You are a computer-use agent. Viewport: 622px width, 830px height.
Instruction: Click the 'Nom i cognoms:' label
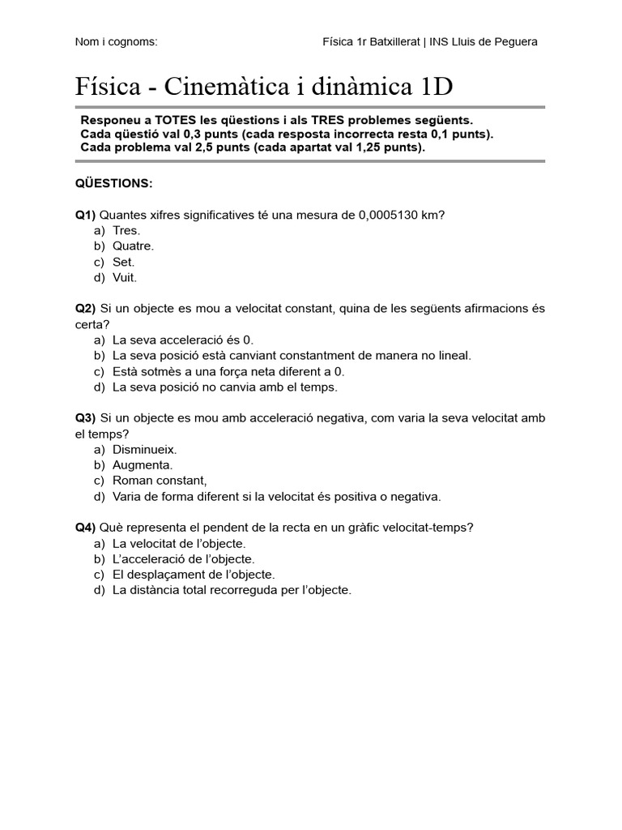pyautogui.click(x=116, y=41)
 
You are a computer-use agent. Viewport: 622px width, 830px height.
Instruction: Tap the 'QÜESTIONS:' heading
pyautogui.click(x=113, y=183)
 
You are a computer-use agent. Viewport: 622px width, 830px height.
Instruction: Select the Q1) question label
pyautogui.click(x=86, y=215)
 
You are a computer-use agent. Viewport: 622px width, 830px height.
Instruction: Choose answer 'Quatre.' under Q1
pyautogui.click(x=133, y=246)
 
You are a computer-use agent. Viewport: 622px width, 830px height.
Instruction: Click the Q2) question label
pyautogui.click(x=86, y=309)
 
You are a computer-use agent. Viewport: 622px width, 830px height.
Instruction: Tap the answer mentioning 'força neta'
pyautogui.click(x=228, y=371)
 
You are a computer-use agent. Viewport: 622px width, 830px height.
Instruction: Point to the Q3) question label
pyautogui.click(x=86, y=418)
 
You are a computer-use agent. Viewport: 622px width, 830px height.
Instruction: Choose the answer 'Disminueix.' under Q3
pyautogui.click(x=144, y=449)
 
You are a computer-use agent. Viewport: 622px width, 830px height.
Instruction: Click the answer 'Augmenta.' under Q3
pyautogui.click(x=143, y=464)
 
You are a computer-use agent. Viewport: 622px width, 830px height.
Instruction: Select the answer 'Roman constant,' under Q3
pyautogui.click(x=160, y=480)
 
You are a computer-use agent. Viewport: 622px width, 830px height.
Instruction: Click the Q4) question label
pyautogui.click(x=86, y=528)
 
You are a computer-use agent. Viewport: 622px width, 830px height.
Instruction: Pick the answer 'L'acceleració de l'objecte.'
pyautogui.click(x=183, y=559)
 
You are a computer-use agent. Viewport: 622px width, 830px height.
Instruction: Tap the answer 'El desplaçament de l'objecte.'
pyautogui.click(x=194, y=575)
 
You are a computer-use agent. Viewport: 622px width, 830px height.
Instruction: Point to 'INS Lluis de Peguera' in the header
pyautogui.click(x=483, y=41)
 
